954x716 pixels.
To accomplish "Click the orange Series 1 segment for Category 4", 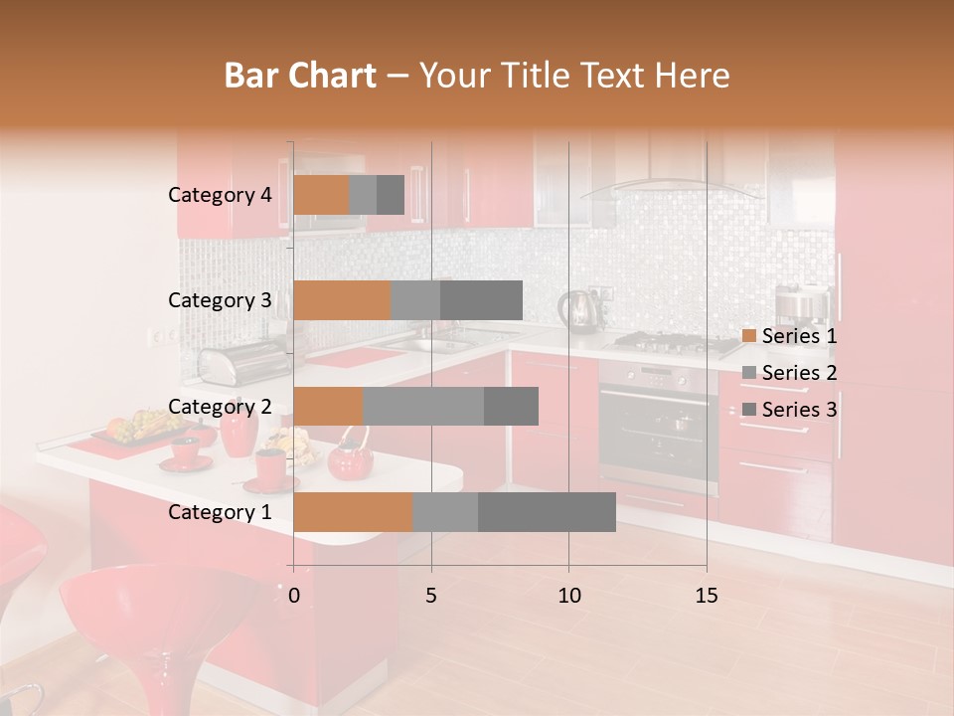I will pyautogui.click(x=321, y=195).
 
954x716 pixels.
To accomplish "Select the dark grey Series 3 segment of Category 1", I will pyautogui.click(x=547, y=512).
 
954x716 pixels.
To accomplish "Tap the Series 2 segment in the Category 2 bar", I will pyautogui.click(x=423, y=407).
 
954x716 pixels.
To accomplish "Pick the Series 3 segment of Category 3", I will pyautogui.click(x=481, y=300).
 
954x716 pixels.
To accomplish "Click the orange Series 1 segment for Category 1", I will pyautogui.click(x=353, y=512).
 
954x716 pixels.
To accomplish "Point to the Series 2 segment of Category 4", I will pyautogui.click(x=363, y=195).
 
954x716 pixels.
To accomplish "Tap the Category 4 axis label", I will pyautogui.click(x=220, y=195).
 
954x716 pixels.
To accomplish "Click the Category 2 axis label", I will pyautogui.click(x=220, y=407).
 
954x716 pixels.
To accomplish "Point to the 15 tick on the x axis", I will pyautogui.click(x=706, y=596).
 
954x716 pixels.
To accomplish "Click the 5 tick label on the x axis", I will pyautogui.click(x=431, y=596).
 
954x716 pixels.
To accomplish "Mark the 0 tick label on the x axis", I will pyautogui.click(x=294, y=596).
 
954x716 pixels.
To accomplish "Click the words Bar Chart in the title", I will pyautogui.click(x=300, y=76).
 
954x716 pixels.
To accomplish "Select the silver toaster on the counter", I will pyautogui.click(x=232, y=365).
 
